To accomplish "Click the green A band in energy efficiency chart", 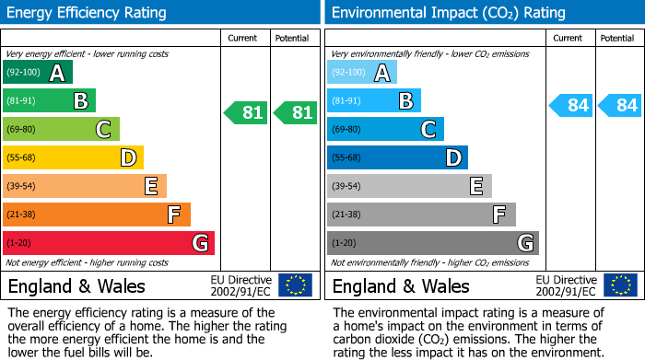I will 38,72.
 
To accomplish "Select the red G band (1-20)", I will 109,243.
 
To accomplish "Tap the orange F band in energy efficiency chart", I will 97,215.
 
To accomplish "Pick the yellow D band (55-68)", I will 73,157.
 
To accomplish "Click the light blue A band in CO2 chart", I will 362,72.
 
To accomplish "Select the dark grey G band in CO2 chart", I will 433,243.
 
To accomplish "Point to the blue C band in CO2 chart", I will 385,129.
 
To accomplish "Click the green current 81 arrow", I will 246,113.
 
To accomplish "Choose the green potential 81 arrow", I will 296,113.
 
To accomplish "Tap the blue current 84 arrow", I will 571,105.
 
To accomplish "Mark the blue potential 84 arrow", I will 620,105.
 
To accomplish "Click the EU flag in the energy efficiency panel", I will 295,285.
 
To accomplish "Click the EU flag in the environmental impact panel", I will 619,285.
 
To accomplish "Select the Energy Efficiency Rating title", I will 88,13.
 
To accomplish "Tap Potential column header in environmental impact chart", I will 617,38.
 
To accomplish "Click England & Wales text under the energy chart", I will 76,285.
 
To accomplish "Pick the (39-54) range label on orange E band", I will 21,186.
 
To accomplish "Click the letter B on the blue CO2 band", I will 405,100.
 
